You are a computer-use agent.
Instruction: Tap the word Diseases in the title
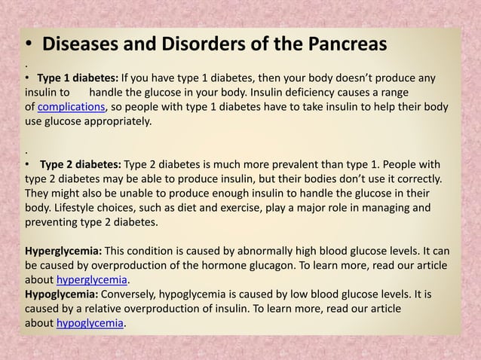point(86,44)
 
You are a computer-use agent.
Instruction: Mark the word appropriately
point(118,121)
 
